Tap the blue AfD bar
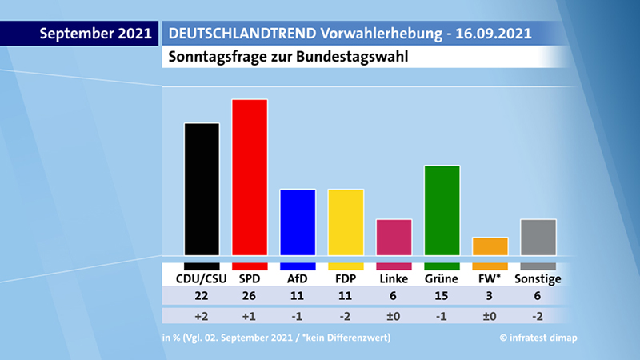[298, 222]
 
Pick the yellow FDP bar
[346, 222]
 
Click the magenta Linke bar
[394, 238]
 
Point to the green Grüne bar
[442, 210]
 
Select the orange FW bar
[490, 246]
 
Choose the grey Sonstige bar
[538, 238]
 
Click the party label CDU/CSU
[202, 279]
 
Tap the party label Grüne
[442, 279]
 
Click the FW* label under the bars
[490, 279]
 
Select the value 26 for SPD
[250, 296]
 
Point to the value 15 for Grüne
[442, 296]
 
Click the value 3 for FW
[490, 296]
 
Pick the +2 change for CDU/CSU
[202, 315]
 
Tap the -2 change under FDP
[346, 315]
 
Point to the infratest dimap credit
[538, 338]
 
